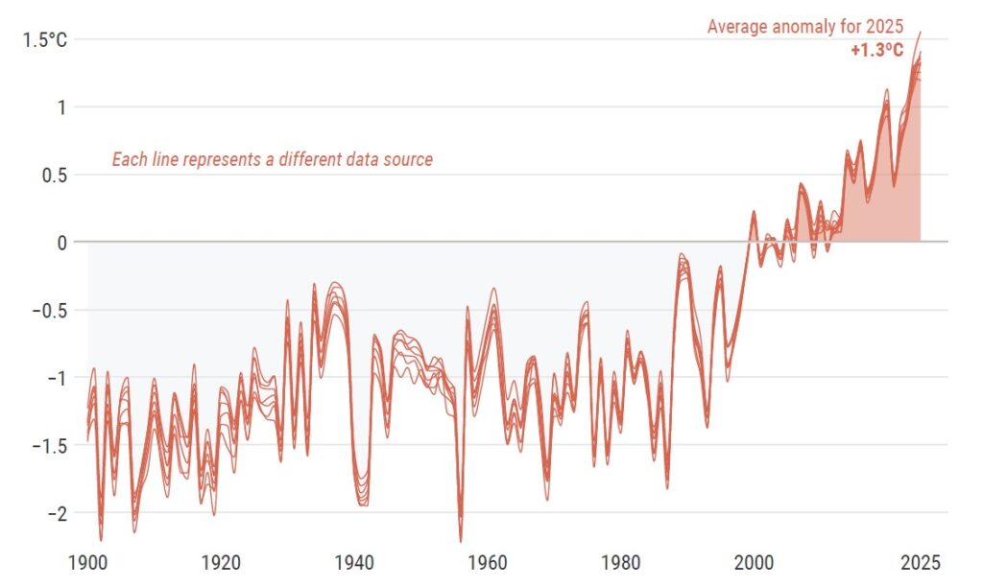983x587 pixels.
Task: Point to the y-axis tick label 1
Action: pyautogui.click(x=60, y=107)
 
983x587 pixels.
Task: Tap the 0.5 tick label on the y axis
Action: pyautogui.click(x=54, y=175)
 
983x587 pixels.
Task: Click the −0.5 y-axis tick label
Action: pyautogui.click(x=49, y=311)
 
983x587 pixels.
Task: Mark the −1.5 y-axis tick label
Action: pyautogui.click(x=49, y=446)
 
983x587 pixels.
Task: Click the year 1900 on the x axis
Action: pyautogui.click(x=87, y=561)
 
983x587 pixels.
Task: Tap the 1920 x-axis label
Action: pyautogui.click(x=221, y=561)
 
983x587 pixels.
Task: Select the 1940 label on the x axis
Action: pyautogui.click(x=354, y=561)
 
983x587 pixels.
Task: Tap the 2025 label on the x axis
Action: pyautogui.click(x=921, y=561)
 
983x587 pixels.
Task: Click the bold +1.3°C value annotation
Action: pyautogui.click(x=876, y=51)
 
